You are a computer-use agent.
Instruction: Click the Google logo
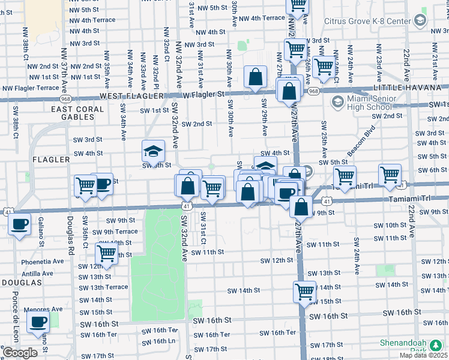[x=20, y=353]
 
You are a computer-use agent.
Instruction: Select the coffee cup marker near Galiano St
[x=20, y=225]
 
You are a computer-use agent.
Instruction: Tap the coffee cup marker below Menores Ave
[x=39, y=322]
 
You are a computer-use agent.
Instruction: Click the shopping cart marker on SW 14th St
[x=304, y=292]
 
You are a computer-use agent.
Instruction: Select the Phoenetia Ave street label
[x=43, y=262]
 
